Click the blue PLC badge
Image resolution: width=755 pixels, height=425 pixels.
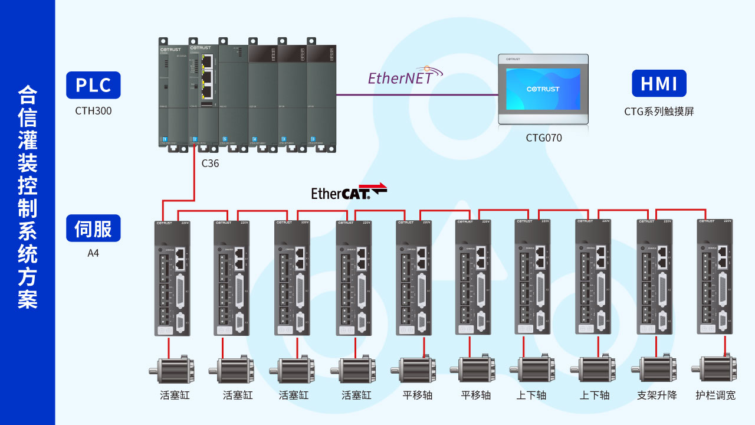click(x=93, y=85)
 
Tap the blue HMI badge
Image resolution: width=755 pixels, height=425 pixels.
click(x=659, y=84)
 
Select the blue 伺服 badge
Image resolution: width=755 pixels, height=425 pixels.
click(x=93, y=228)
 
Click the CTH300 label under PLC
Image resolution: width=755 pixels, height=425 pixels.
click(x=93, y=111)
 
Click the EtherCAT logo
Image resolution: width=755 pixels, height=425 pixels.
click(x=348, y=192)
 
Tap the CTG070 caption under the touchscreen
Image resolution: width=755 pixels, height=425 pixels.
click(x=543, y=138)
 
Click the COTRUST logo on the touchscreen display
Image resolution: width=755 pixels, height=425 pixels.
click(x=543, y=89)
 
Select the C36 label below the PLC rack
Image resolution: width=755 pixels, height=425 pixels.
click(x=210, y=164)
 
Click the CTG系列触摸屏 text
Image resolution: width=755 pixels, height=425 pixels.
click(x=659, y=111)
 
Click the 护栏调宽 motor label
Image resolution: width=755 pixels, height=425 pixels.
click(x=715, y=395)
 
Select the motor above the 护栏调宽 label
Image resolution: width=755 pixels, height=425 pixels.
click(x=715, y=370)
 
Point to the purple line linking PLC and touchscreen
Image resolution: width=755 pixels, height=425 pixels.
click(x=416, y=94)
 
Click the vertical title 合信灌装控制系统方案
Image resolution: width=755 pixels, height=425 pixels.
click(x=28, y=197)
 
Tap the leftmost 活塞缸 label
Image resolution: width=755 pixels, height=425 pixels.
click(x=175, y=395)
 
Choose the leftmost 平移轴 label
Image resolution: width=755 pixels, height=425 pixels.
click(x=418, y=395)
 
